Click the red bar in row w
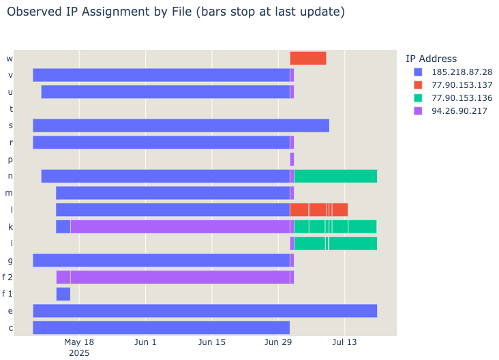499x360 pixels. click(307, 58)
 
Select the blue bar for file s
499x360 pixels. click(181, 125)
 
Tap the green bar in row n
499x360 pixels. click(335, 176)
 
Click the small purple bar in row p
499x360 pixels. click(292, 159)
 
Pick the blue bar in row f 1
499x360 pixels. click(63, 294)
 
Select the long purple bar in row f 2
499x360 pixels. click(180, 277)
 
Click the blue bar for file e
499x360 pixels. click(205, 311)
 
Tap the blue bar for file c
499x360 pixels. click(161, 327)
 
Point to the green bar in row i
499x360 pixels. click(335, 243)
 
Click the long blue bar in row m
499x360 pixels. click(172, 193)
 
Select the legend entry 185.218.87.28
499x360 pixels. click(462, 72)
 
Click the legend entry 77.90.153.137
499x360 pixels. click(462, 85)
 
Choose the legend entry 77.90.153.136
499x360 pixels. click(462, 98)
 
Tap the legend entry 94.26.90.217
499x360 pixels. click(459, 111)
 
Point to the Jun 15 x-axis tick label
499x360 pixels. click(212, 342)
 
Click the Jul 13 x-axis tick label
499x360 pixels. click(344, 342)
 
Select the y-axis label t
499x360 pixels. click(10, 108)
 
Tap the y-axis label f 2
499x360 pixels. click(7, 277)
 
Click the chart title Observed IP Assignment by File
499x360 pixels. click(175, 12)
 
